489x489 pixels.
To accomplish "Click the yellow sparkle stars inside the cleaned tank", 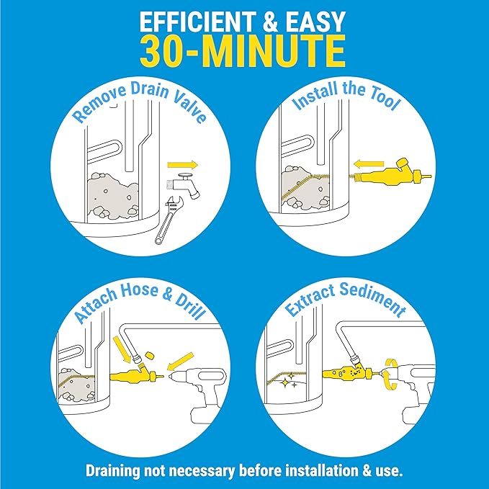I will [292, 385].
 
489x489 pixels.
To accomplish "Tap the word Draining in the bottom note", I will [117, 470].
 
